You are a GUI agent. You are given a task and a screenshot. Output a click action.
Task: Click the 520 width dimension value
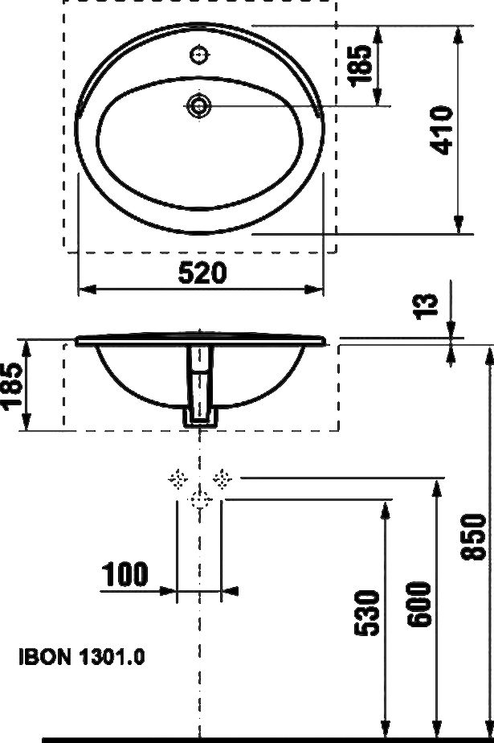(x=202, y=273)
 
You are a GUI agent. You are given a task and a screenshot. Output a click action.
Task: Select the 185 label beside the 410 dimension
(x=361, y=66)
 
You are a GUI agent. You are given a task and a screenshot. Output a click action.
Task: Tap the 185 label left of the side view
(x=12, y=384)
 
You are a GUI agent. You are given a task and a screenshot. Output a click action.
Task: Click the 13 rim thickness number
(x=427, y=306)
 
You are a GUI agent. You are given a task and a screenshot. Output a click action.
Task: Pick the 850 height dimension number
(x=473, y=537)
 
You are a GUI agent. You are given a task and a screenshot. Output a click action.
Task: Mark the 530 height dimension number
(x=367, y=612)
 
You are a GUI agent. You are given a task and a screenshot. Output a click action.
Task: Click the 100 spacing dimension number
(x=125, y=574)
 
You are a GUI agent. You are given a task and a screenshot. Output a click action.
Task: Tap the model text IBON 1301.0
(x=82, y=657)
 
